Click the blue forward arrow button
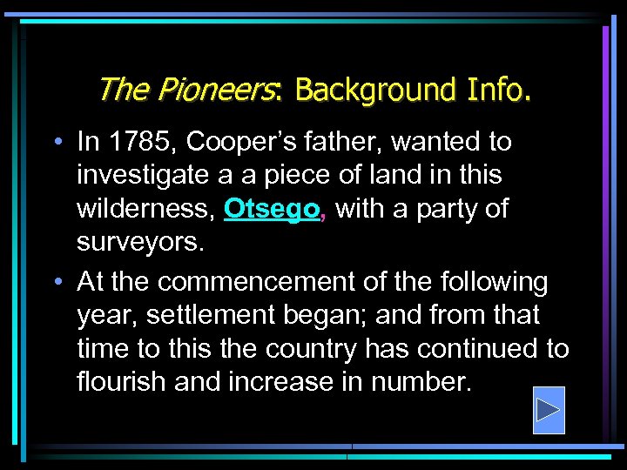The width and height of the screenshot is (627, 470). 548,410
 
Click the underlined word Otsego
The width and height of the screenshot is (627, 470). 272,210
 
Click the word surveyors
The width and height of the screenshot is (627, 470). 139,243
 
